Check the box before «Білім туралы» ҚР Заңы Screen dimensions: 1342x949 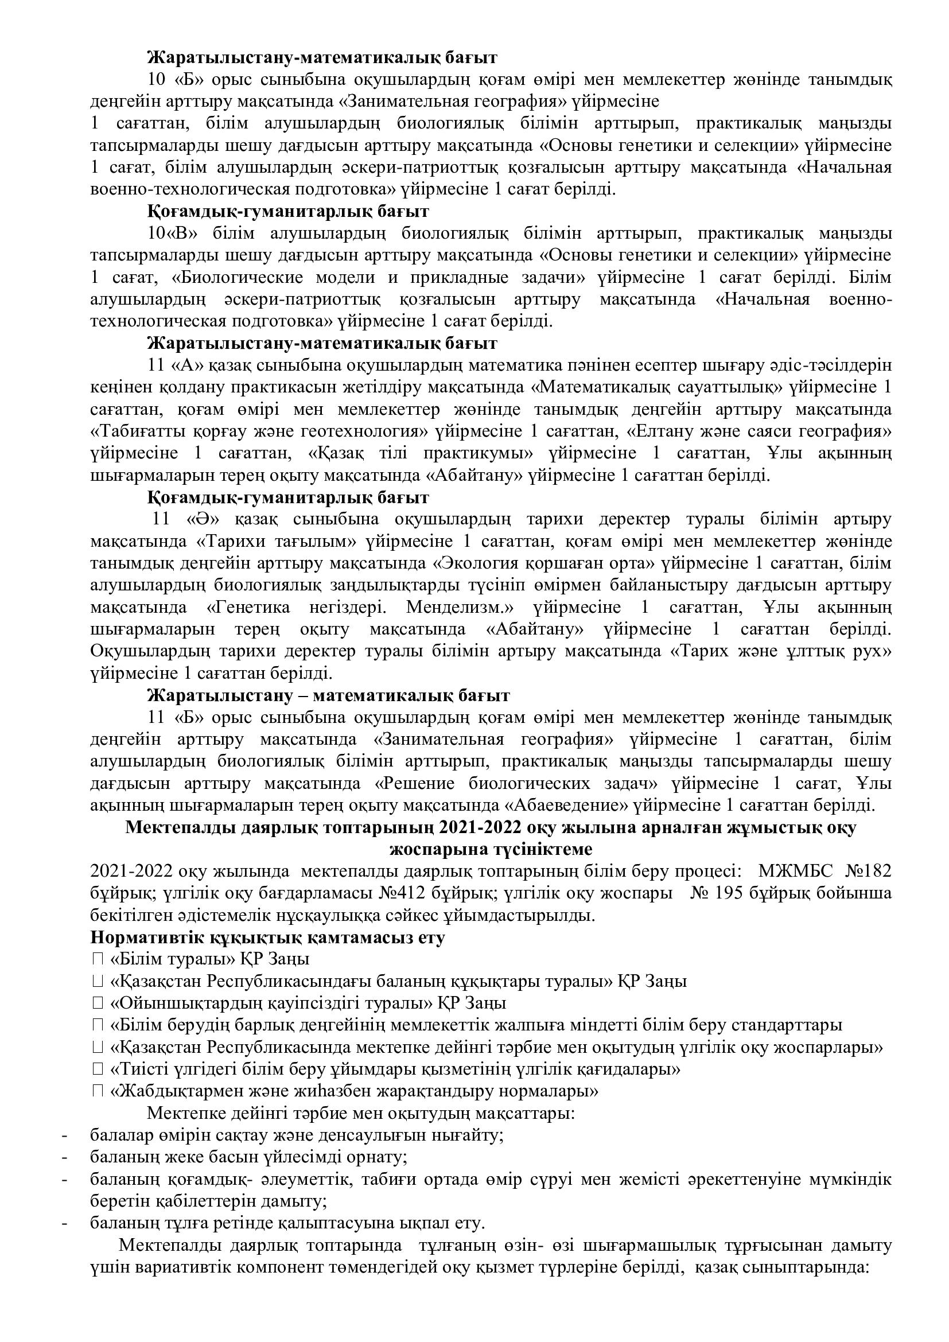98,960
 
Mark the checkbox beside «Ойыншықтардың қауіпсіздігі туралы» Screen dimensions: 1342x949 98,1003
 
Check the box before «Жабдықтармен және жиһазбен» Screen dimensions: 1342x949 98,1091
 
